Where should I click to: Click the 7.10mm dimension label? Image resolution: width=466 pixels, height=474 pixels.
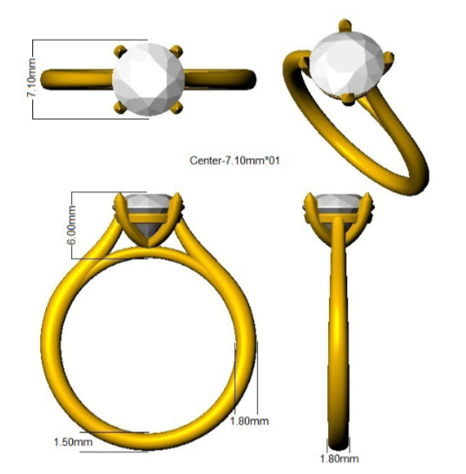pos(31,77)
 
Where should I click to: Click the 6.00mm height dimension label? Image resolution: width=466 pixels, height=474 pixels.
pos(73,224)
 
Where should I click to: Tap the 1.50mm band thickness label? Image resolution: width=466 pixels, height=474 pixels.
pos(73,442)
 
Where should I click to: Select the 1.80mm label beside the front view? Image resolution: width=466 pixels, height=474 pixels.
pos(249,421)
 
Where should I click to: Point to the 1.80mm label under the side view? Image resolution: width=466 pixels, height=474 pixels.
pos(339,458)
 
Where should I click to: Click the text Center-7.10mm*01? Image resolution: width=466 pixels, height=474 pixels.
pos(234,161)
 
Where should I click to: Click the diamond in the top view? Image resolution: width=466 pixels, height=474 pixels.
pos(148,79)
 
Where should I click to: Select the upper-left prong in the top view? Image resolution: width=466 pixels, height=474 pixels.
pos(120,51)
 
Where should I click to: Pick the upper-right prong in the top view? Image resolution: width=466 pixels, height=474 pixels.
pos(177,50)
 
